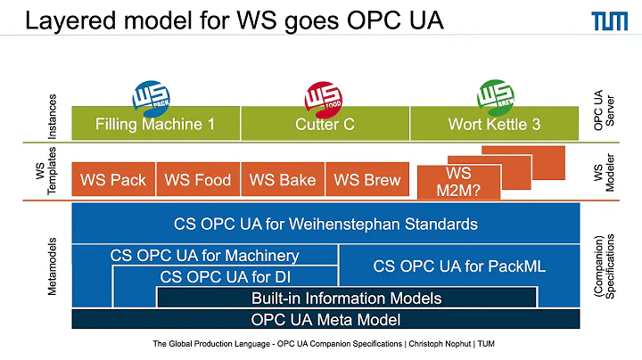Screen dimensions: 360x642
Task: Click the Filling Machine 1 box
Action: coord(155,124)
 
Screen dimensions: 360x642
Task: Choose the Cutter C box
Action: coord(325,124)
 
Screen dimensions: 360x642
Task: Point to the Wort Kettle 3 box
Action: coord(494,124)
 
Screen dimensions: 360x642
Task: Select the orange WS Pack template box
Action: coord(113,179)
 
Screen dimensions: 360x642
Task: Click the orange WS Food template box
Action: coord(198,179)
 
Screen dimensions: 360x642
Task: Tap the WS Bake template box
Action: coord(283,179)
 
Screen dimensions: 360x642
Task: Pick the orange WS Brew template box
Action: coord(366,179)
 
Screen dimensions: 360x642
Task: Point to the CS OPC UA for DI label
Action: coord(225,276)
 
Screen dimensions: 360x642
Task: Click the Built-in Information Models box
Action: coord(346,298)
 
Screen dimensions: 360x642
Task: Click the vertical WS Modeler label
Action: coord(609,174)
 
